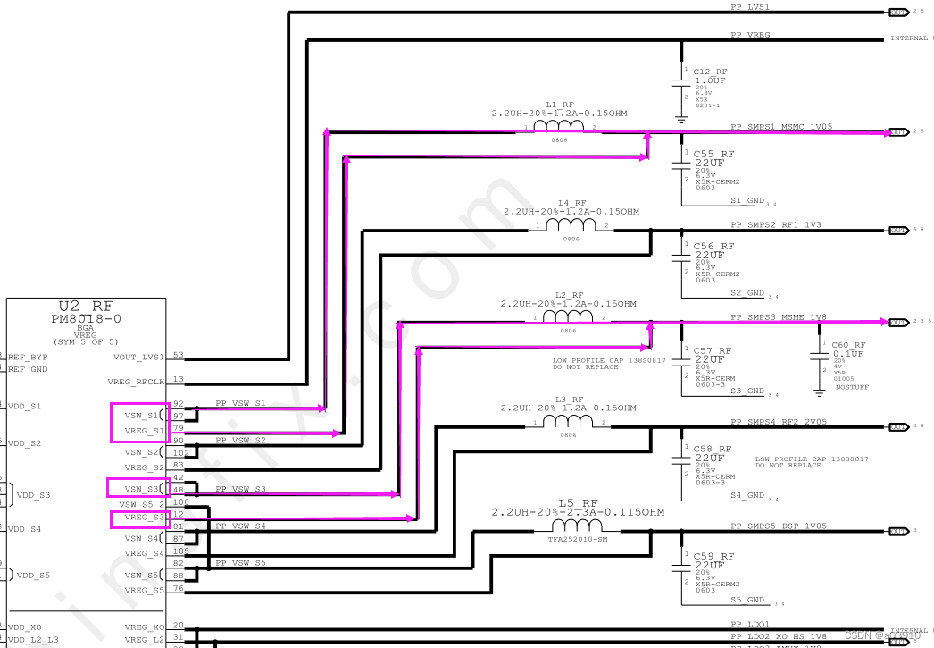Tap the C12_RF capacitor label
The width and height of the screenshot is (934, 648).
point(710,72)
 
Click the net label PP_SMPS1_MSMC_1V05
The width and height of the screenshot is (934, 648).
point(781,127)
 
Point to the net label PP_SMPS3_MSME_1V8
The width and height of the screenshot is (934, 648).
point(778,317)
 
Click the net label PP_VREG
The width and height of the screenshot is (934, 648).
point(750,35)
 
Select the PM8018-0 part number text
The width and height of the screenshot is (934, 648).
point(87,318)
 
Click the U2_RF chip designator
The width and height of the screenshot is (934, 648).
point(87,306)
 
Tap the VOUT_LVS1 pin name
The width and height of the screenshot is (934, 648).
point(139,357)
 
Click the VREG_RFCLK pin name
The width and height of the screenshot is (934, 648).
point(137,381)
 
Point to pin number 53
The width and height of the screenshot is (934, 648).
point(179,356)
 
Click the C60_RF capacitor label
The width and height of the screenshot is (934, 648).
point(848,344)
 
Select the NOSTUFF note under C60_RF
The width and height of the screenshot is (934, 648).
point(851,387)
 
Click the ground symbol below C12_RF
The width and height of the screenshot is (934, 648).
point(681,118)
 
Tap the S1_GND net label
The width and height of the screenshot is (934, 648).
point(747,200)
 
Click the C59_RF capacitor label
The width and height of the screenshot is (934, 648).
point(713,556)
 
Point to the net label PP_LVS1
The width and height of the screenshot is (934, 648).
point(750,7)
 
